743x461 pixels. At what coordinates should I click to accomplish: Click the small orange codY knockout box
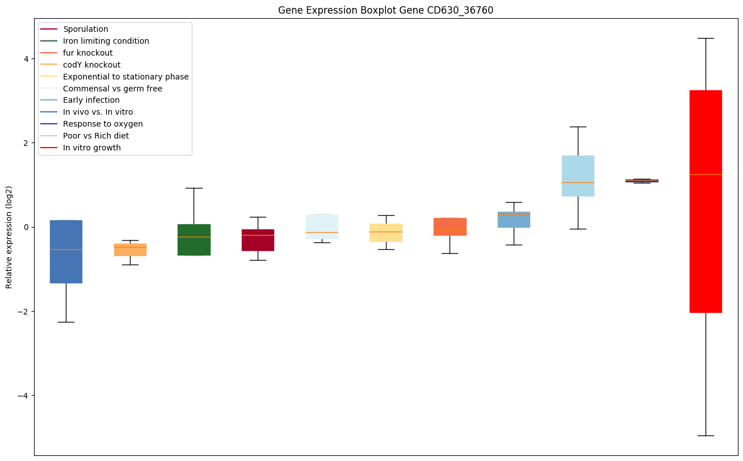point(130,249)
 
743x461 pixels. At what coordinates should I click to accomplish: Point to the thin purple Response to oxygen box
point(641,181)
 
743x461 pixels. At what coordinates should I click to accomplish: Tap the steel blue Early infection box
point(514,219)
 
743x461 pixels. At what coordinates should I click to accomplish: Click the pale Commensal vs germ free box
point(322,227)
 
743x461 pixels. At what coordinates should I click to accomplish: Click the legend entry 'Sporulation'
point(86,29)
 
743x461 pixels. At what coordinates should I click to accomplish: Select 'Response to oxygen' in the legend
point(103,124)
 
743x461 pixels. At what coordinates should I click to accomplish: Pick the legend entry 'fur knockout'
point(88,53)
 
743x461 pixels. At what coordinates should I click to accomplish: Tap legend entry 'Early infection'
point(91,100)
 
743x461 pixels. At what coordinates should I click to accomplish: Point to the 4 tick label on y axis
point(26,59)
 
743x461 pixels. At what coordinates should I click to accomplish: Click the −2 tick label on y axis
point(23,311)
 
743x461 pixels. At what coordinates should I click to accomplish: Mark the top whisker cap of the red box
point(706,38)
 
